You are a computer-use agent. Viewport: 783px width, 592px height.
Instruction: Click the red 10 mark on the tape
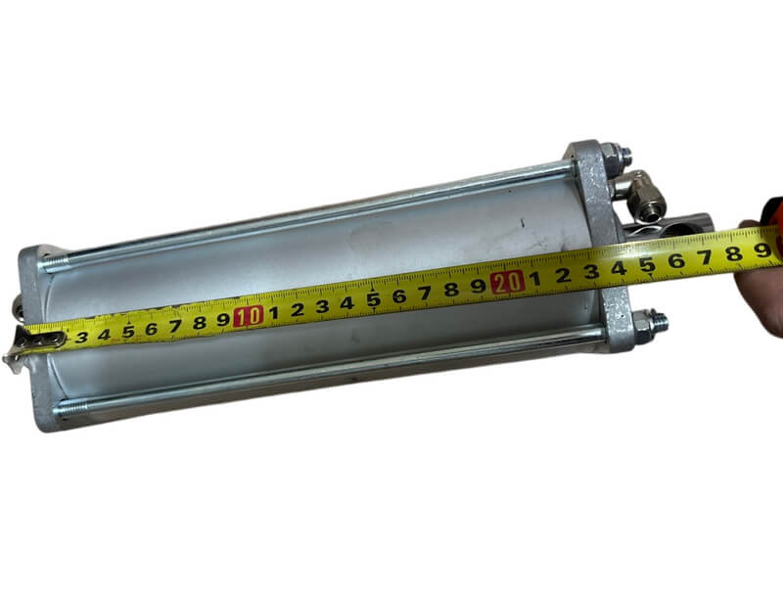coord(249,316)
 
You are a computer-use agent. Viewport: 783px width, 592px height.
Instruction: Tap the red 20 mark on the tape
coord(507,282)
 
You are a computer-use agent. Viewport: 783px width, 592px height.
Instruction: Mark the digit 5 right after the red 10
coord(373,299)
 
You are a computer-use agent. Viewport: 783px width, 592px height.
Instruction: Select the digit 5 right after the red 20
coord(647,264)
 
